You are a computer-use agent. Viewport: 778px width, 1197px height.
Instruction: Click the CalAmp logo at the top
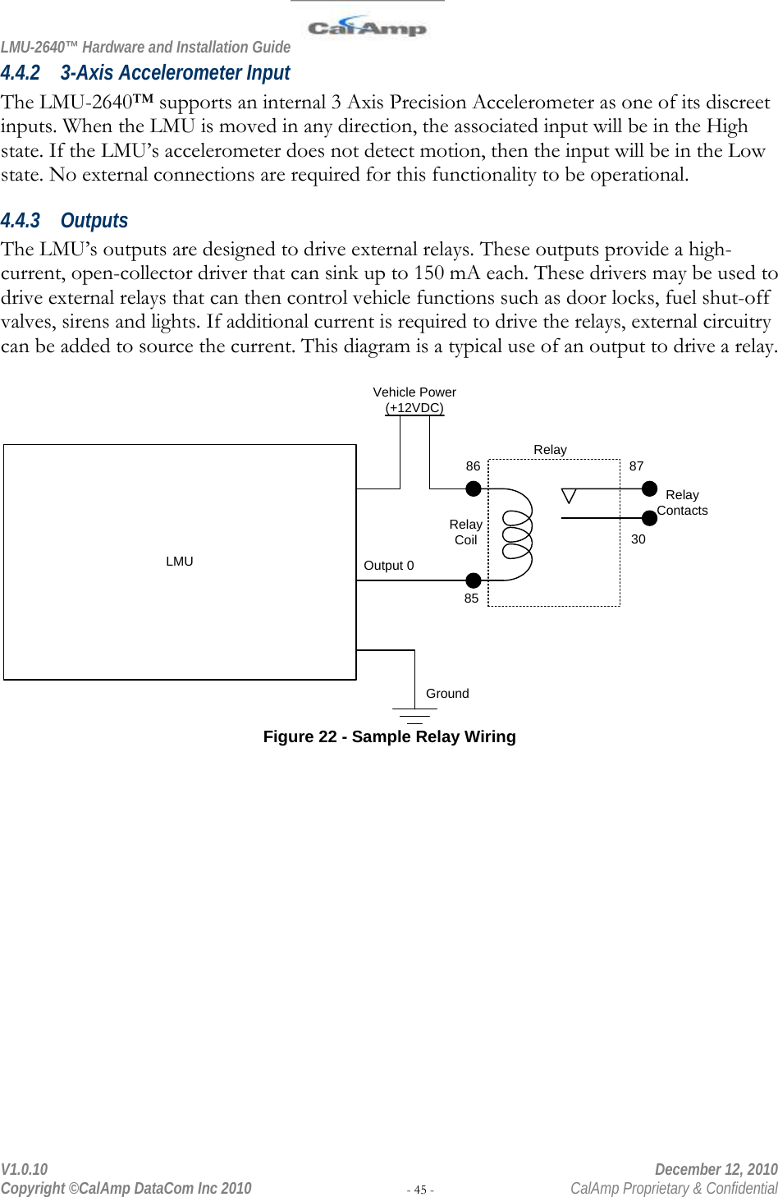tap(367, 28)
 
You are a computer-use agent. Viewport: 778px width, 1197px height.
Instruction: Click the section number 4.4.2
tap(21, 73)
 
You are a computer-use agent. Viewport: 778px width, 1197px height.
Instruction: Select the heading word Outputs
tap(94, 221)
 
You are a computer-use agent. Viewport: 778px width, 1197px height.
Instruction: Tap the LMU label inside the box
tap(179, 562)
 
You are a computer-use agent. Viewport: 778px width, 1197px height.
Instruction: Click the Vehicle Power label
tap(414, 392)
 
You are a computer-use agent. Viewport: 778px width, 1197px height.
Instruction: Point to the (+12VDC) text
tap(414, 408)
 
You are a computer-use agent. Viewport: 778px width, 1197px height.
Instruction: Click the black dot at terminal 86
tap(474, 489)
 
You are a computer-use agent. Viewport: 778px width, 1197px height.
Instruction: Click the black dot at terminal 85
tap(474, 580)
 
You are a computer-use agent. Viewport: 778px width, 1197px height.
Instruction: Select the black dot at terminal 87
tap(649, 489)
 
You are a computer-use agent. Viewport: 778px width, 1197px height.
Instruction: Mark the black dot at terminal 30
tap(649, 518)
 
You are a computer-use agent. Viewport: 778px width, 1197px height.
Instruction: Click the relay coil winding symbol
tap(518, 534)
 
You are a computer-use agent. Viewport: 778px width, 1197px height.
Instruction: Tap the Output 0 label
tap(389, 566)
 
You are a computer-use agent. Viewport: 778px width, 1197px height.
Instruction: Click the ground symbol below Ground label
tap(414, 714)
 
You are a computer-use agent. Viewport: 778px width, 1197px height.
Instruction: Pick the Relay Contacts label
tap(682, 502)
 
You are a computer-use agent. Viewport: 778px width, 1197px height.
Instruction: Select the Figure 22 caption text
tap(389, 737)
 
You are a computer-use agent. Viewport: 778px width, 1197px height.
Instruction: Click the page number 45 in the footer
tap(420, 1190)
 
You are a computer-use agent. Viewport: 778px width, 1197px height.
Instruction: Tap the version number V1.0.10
tap(25, 1169)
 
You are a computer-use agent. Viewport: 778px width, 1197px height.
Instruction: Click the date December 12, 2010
tap(716, 1169)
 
